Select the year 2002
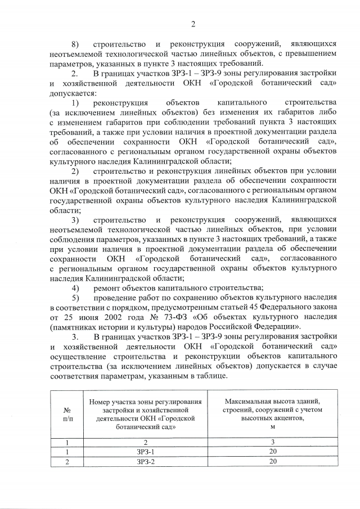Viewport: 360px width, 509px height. (103, 318)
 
